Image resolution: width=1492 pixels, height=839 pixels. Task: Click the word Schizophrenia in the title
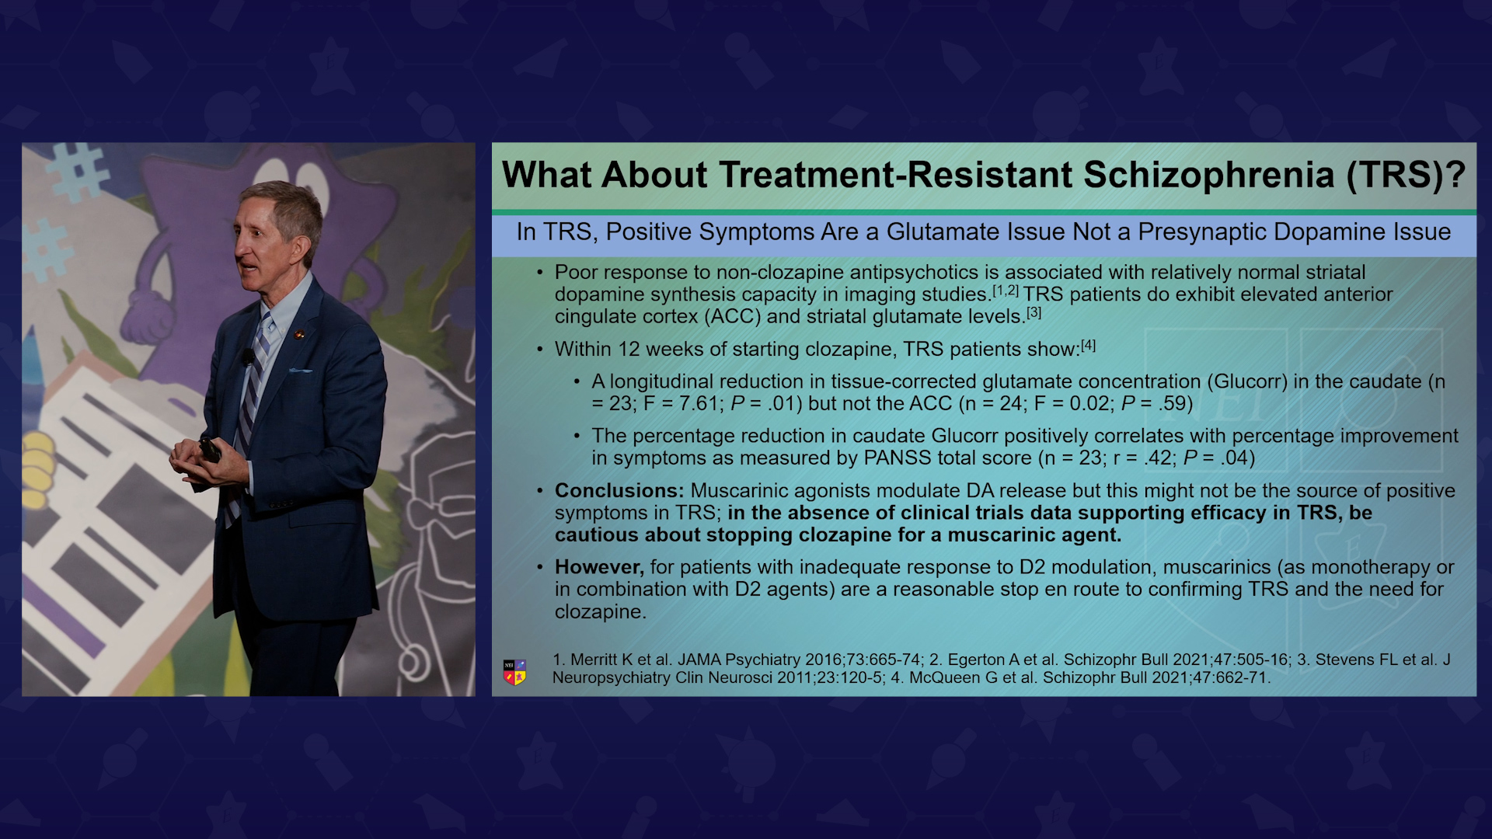(1208, 175)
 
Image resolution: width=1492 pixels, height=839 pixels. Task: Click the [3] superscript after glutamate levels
(1034, 312)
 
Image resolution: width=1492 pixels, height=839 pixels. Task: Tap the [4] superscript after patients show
(1088, 345)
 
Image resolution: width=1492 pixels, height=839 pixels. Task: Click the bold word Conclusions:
(619, 491)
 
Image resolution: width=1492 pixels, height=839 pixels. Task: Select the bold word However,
(599, 568)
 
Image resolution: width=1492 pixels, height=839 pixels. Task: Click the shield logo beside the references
(514, 672)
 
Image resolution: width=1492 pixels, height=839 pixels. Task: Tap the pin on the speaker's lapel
(298, 335)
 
